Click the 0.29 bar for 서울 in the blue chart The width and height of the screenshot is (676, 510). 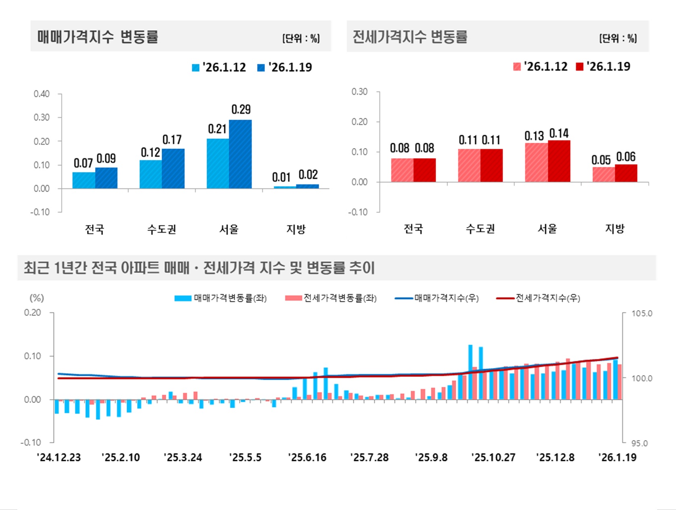240,154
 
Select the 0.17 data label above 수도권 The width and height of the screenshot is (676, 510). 172,140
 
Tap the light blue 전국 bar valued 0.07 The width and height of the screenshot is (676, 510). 84,180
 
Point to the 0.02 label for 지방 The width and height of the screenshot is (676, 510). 308,175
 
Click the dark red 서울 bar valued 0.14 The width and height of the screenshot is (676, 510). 559,161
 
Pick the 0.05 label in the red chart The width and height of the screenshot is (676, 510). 601,160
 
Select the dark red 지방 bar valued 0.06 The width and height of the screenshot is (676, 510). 626,173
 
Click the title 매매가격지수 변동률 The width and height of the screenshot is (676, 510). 98,37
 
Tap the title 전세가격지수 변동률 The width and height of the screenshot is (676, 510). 410,37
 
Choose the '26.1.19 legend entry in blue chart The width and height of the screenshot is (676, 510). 285,67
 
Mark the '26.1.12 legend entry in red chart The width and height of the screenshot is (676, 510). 540,67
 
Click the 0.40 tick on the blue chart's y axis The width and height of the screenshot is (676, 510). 42,94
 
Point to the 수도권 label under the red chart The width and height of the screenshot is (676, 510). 480,229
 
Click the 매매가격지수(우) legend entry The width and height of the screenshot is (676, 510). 437,298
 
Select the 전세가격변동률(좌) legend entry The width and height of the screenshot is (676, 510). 331,298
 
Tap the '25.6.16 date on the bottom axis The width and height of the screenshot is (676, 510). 307,458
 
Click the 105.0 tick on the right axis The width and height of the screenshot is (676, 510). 641,314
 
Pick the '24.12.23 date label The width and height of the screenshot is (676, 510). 59,458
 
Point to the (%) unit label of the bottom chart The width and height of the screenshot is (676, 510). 37,298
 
